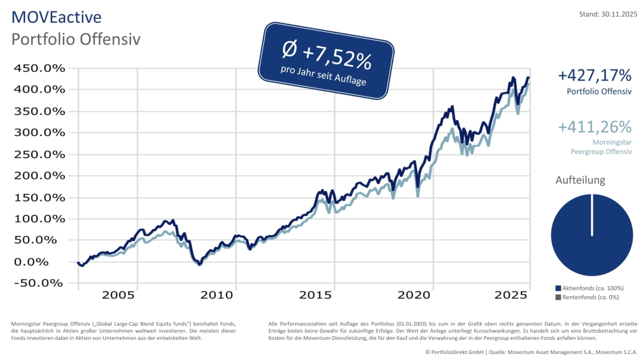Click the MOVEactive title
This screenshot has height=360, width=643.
[x=56, y=17]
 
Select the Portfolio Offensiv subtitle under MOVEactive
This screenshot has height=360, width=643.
[x=77, y=39]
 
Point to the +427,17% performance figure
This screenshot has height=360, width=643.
[x=594, y=75]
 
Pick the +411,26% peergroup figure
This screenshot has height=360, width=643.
[x=594, y=127]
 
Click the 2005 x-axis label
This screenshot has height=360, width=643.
[x=118, y=295]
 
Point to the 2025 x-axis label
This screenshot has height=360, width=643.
[x=511, y=295]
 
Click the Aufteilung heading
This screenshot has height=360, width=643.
[x=580, y=180]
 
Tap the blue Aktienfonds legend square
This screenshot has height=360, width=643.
[x=557, y=288]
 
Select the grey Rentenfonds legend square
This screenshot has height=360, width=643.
[x=557, y=297]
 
